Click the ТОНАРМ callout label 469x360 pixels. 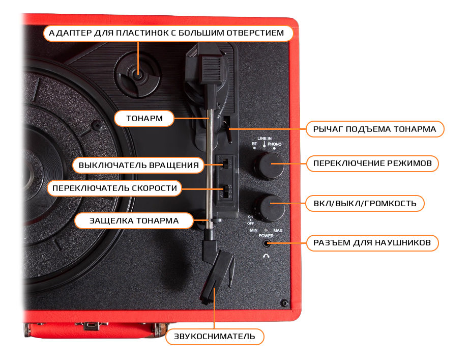point(144,119)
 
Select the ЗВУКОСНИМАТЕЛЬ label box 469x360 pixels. point(215,337)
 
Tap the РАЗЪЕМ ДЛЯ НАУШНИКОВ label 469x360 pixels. point(372,243)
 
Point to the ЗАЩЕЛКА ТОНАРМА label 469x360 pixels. point(134,220)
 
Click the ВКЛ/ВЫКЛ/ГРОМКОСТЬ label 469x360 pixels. point(365,203)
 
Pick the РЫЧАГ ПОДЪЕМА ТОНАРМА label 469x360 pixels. point(374,129)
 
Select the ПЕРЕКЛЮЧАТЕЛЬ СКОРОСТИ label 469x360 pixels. point(115,188)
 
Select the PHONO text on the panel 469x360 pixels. point(275,145)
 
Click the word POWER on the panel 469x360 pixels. point(266,236)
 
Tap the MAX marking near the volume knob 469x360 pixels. point(278,231)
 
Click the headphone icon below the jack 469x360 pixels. point(266,256)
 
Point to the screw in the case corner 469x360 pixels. point(283,303)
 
